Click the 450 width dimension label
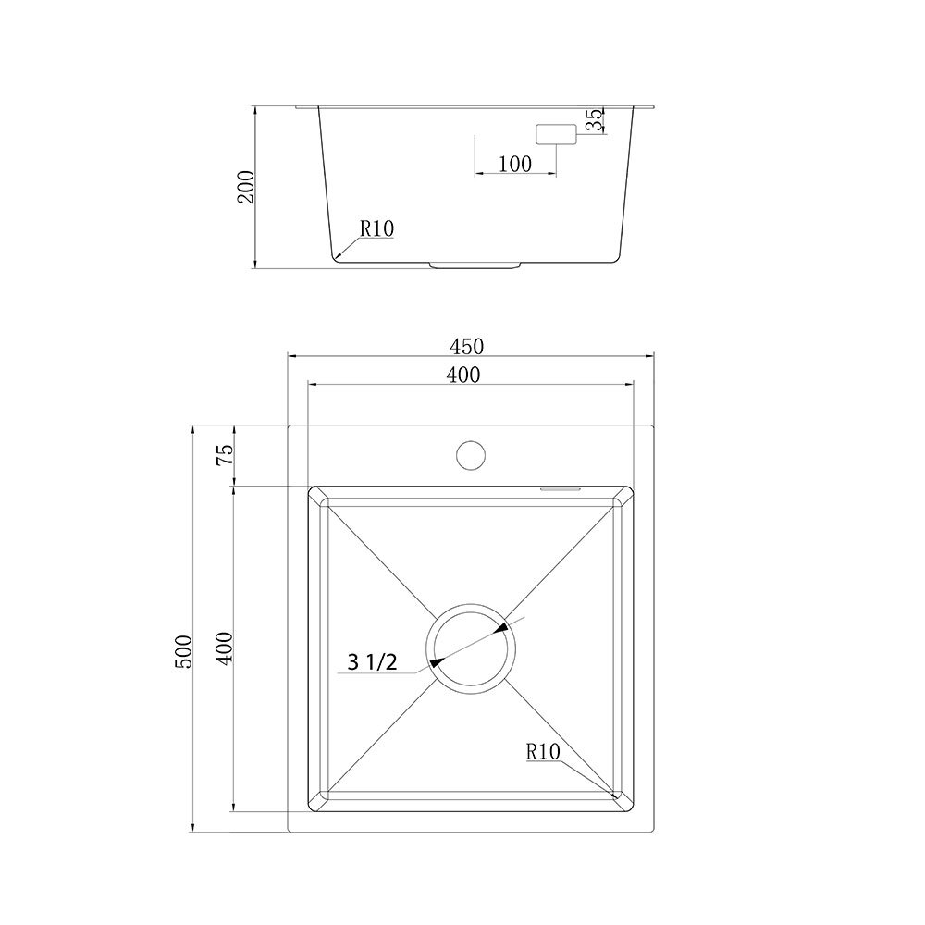(466, 346)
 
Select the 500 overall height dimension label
(184, 651)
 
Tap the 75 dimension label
(225, 454)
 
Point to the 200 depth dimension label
(245, 187)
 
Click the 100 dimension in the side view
(515, 164)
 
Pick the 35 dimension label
(596, 119)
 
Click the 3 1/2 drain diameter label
(372, 662)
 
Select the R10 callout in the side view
(377, 228)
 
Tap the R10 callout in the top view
(543, 751)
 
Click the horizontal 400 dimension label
(463, 375)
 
